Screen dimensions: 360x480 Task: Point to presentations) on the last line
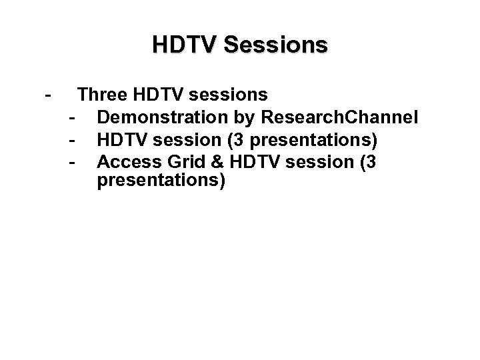tap(161, 181)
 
